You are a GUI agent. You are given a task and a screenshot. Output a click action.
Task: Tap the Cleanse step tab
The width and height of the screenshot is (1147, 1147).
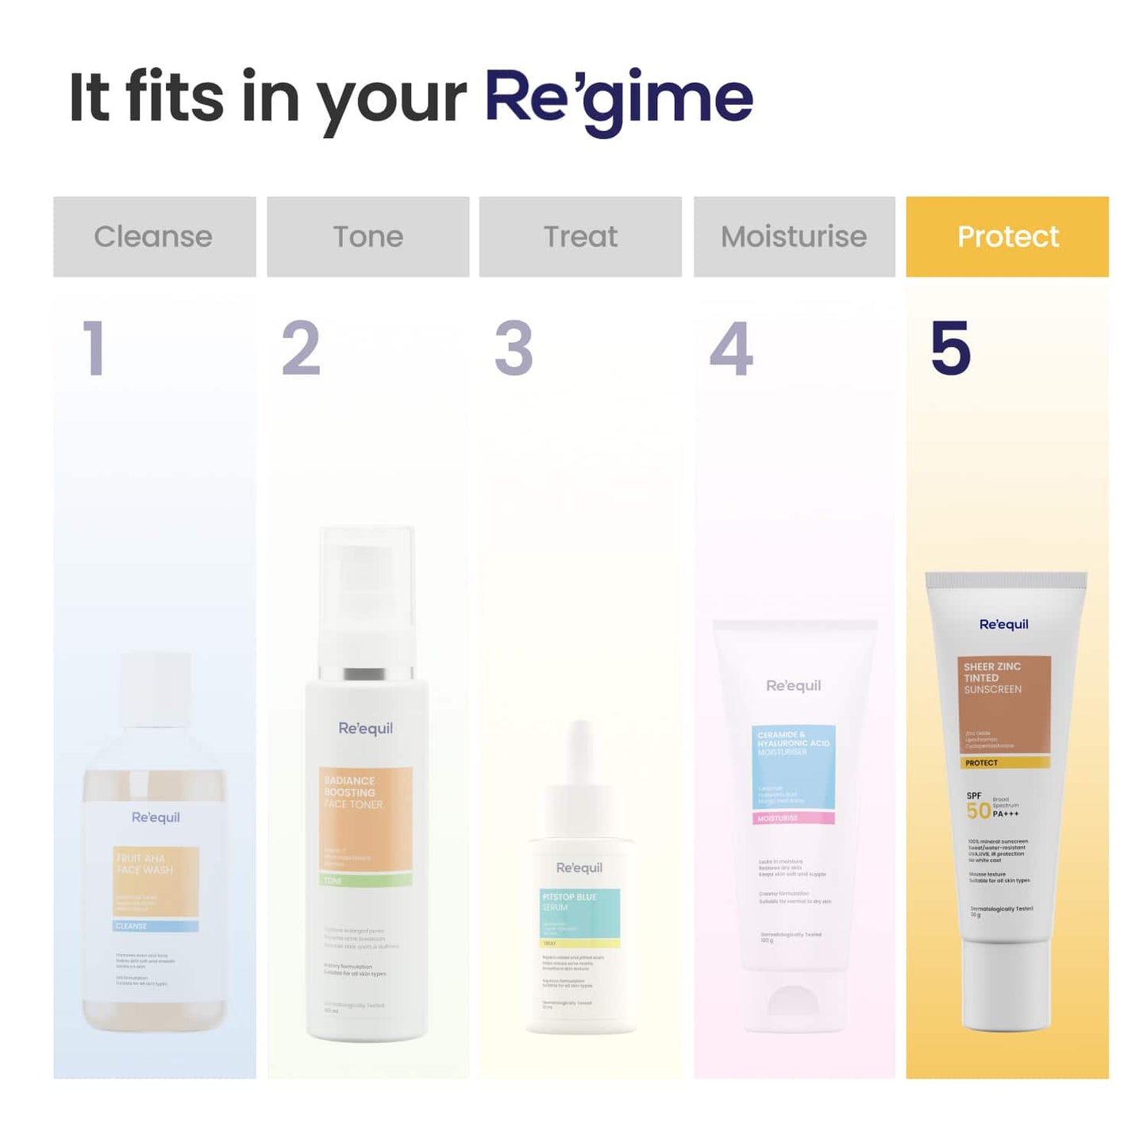coord(154,237)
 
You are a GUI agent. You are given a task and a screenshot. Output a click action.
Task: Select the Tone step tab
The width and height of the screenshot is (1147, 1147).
coord(368,237)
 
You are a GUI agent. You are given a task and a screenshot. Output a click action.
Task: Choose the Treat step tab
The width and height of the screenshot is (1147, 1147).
coord(580,237)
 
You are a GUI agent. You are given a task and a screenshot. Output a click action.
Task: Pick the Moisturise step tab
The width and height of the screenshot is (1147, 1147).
coord(794,237)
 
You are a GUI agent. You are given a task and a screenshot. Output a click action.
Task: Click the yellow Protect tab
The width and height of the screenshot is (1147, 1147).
coord(1007,237)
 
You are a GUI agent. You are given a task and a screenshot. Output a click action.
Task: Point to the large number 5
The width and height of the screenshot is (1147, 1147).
coord(950,348)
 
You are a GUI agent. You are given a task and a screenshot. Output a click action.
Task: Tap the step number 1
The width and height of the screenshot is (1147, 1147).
coord(94,348)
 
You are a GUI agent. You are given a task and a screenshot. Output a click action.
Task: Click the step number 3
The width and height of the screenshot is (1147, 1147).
coord(514,348)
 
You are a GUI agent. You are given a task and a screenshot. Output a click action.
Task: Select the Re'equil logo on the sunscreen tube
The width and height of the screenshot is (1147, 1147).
coord(1003,625)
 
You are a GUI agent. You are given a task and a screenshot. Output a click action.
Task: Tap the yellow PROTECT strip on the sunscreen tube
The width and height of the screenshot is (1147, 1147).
coord(1007,763)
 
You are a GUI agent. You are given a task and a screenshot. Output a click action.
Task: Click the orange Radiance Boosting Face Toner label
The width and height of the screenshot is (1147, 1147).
coord(366,818)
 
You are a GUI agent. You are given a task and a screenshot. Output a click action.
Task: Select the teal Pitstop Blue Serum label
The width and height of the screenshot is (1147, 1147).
coord(580,913)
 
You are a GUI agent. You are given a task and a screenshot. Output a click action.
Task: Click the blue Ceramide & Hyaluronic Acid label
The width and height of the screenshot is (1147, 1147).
coord(793,766)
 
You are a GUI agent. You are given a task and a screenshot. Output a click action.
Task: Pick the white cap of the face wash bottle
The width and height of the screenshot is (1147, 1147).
coord(155,689)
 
